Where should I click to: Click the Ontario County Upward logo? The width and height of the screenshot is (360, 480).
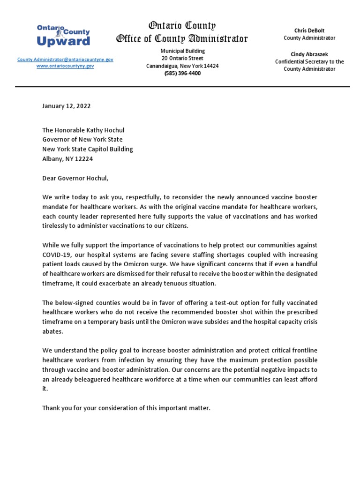click(63, 36)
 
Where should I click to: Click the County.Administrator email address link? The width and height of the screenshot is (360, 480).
click(65, 60)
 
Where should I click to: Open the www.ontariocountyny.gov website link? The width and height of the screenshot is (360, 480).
click(65, 67)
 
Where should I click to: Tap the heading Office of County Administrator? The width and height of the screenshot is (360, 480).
click(182, 39)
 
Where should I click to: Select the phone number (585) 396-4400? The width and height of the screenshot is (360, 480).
click(182, 74)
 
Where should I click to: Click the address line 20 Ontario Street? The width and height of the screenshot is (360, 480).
click(182, 59)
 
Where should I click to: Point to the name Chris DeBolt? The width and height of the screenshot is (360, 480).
click(309, 30)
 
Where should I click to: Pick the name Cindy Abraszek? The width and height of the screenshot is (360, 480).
click(309, 54)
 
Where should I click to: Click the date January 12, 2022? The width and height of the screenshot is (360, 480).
click(67, 106)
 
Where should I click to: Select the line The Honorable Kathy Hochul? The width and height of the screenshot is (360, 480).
click(83, 130)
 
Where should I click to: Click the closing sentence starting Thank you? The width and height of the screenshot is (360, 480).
click(127, 408)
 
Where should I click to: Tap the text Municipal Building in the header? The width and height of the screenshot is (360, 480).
click(182, 51)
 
